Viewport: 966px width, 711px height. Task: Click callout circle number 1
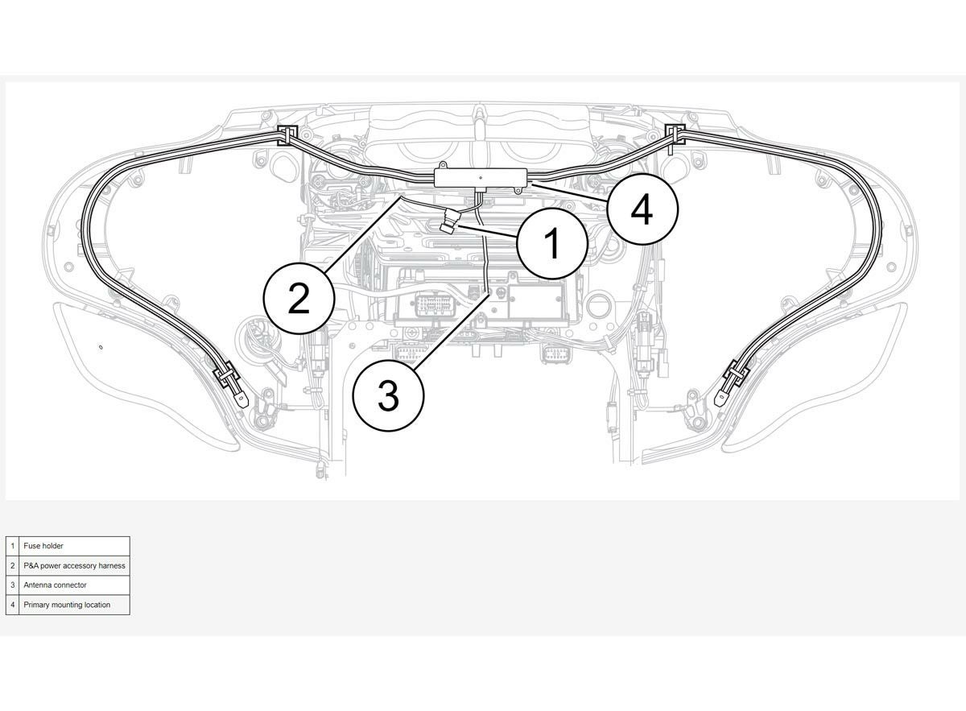point(552,243)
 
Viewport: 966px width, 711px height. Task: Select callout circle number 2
point(299,298)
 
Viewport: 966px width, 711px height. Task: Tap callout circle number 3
point(388,395)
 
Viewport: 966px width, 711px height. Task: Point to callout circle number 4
point(642,209)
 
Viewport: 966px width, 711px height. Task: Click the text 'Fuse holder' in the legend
point(43,546)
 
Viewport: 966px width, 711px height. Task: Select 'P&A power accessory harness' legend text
point(74,565)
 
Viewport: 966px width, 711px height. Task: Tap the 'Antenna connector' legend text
point(55,585)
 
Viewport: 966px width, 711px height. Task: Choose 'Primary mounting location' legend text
point(67,605)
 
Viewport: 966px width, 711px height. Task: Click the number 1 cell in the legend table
point(13,546)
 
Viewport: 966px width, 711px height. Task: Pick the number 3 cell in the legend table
point(13,585)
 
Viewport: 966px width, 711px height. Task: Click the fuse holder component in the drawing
point(450,220)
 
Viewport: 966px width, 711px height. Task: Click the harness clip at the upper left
point(287,135)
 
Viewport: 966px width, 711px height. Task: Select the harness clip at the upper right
point(675,134)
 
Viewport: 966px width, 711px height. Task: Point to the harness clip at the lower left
point(227,371)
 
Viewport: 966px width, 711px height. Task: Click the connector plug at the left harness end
point(243,399)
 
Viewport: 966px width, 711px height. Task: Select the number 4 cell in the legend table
point(13,605)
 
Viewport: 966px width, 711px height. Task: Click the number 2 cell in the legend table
point(13,565)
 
